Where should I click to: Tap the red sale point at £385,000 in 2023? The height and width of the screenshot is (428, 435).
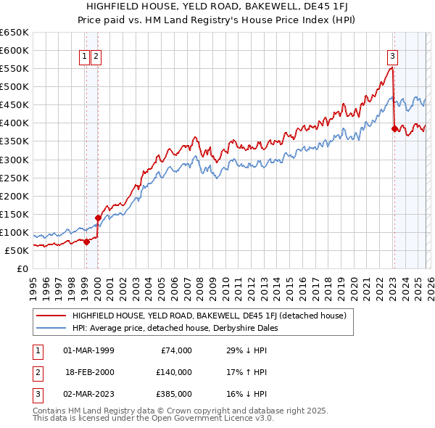pyautogui.click(x=394, y=128)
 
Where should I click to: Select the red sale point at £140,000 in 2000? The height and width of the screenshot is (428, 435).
pyautogui.click(x=98, y=217)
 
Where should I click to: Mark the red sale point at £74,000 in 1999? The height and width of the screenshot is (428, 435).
pyautogui.click(x=86, y=242)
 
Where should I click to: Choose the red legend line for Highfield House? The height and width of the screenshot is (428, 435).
pyautogui.click(x=51, y=316)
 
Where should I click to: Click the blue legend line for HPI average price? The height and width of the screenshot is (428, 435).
pyautogui.click(x=51, y=328)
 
